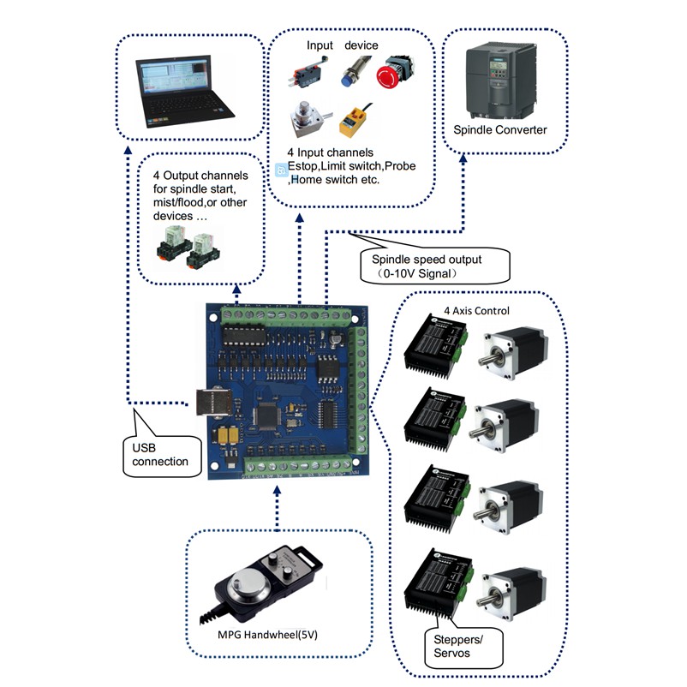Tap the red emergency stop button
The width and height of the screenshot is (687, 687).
pyautogui.click(x=399, y=72)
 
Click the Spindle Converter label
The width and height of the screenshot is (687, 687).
pyautogui.click(x=499, y=130)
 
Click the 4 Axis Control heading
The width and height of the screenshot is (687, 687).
pyautogui.click(x=475, y=310)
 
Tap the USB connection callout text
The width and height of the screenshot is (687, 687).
pyautogui.click(x=162, y=455)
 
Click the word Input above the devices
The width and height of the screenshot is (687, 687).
pyautogui.click(x=321, y=45)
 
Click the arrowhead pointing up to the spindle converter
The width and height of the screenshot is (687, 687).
pyautogui.click(x=463, y=160)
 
